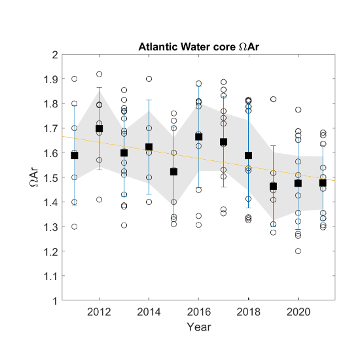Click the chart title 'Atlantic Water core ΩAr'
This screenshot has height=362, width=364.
(x=198, y=47)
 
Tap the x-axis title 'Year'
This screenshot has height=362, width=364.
(x=198, y=326)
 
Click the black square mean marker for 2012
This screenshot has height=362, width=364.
(x=100, y=129)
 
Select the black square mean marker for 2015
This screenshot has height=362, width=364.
(x=173, y=172)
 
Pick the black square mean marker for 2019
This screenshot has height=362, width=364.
(x=273, y=187)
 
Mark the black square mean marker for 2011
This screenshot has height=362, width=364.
(x=75, y=155)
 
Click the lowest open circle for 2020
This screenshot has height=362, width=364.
(x=298, y=251)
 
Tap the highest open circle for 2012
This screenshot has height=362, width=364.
(x=100, y=74)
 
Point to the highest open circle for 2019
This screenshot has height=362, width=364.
(x=273, y=99)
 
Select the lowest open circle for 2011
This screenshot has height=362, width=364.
(x=75, y=226)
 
